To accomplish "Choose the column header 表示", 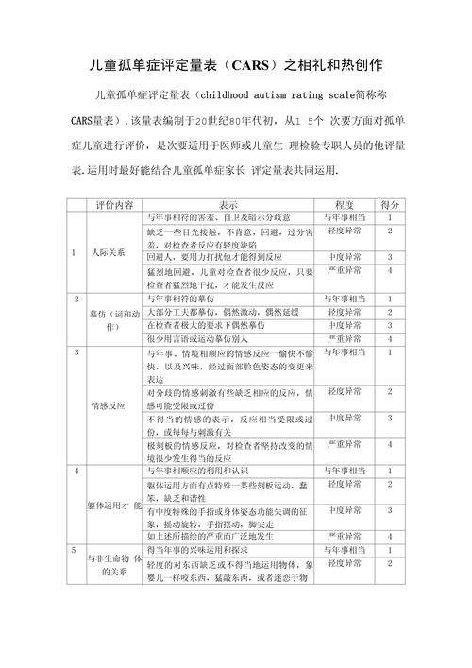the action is click(228, 204).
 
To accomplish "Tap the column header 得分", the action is click(389, 204).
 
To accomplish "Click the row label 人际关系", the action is click(109, 252).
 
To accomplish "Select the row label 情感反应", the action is click(109, 405).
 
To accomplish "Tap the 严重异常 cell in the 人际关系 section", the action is click(345, 270).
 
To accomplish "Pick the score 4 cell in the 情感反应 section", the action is click(389, 443).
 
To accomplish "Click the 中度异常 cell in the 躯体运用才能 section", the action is click(345, 510).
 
